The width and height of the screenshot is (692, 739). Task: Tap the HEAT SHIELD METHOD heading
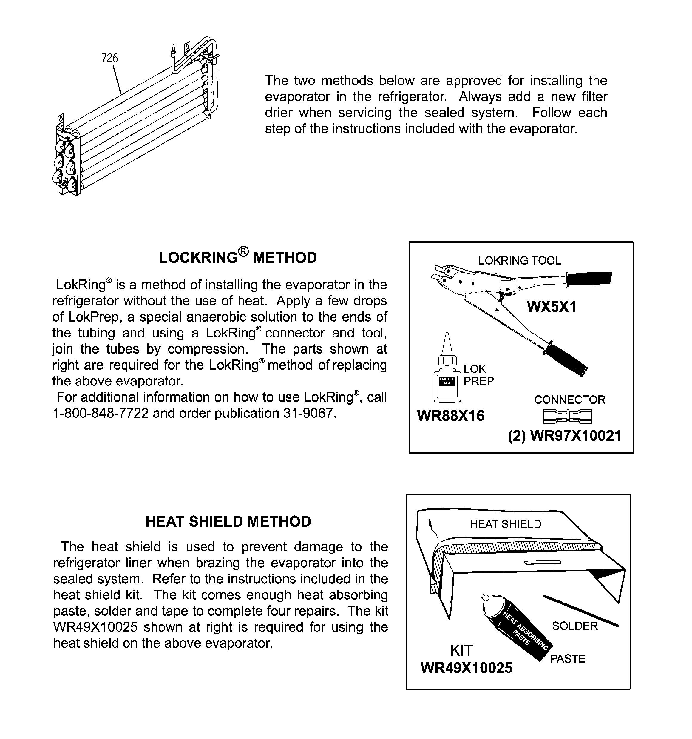point(228,522)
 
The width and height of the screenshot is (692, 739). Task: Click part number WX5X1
point(551,307)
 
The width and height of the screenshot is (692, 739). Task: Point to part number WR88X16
point(451,416)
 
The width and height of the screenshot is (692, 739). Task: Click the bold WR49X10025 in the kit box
point(466,668)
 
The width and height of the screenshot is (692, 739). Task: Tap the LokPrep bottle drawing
point(447,379)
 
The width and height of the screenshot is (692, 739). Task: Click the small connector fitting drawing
point(567,416)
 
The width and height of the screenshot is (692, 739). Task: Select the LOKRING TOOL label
point(519,261)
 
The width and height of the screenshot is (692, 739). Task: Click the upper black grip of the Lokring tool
point(589,278)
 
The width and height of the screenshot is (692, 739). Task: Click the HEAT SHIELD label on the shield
point(505,524)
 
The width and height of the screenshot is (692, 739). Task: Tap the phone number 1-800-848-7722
point(101,413)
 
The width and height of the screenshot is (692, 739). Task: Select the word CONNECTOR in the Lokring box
point(569,400)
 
